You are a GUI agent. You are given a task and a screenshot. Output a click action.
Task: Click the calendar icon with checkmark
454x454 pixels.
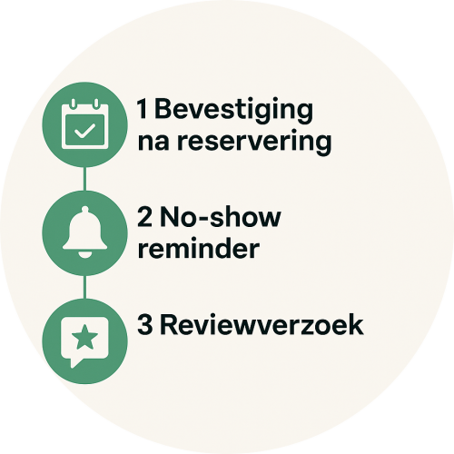(84, 123)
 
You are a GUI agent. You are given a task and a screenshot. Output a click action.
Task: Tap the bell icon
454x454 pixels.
(84, 232)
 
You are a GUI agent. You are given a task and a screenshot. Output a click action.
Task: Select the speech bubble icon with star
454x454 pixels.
(84, 342)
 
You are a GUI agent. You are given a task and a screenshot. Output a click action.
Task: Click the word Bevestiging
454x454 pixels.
(234, 111)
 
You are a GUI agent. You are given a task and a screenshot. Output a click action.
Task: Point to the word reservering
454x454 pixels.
(254, 143)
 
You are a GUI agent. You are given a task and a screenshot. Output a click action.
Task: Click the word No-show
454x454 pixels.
(221, 217)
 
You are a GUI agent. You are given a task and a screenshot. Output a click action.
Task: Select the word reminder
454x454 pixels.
(199, 248)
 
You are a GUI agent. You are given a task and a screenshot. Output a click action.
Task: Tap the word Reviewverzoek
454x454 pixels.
(262, 325)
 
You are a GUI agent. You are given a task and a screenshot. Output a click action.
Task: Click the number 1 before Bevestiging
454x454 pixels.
(143, 108)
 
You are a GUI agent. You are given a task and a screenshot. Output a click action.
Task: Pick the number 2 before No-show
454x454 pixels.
(144, 217)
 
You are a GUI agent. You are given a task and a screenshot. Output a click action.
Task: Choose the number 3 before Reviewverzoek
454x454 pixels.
(144, 325)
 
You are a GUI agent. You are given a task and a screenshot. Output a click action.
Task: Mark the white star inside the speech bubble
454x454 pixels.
(84, 337)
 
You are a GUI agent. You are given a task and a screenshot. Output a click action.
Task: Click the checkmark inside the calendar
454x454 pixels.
(84, 131)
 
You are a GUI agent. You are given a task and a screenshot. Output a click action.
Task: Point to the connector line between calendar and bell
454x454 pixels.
(84, 179)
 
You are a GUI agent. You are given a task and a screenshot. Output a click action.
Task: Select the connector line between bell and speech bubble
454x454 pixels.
(84, 287)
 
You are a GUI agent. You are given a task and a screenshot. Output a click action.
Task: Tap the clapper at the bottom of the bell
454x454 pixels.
(84, 255)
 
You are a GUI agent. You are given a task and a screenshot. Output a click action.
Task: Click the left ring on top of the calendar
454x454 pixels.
(73, 104)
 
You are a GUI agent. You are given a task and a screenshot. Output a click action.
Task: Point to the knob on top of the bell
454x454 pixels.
(85, 209)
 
